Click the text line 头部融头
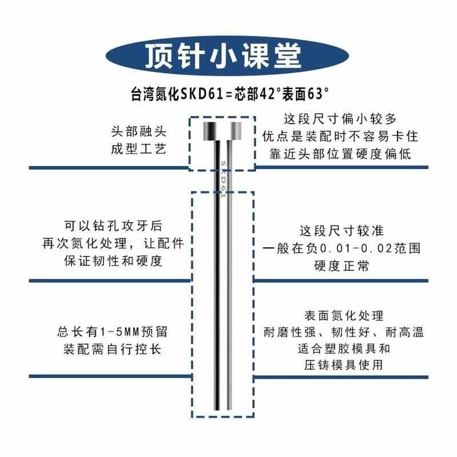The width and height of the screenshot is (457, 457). tap(135, 130)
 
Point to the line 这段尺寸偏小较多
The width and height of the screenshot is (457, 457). tap(340, 119)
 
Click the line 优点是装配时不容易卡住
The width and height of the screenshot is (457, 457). tap(340, 137)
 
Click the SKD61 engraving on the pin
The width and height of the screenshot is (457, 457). tap(223, 177)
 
